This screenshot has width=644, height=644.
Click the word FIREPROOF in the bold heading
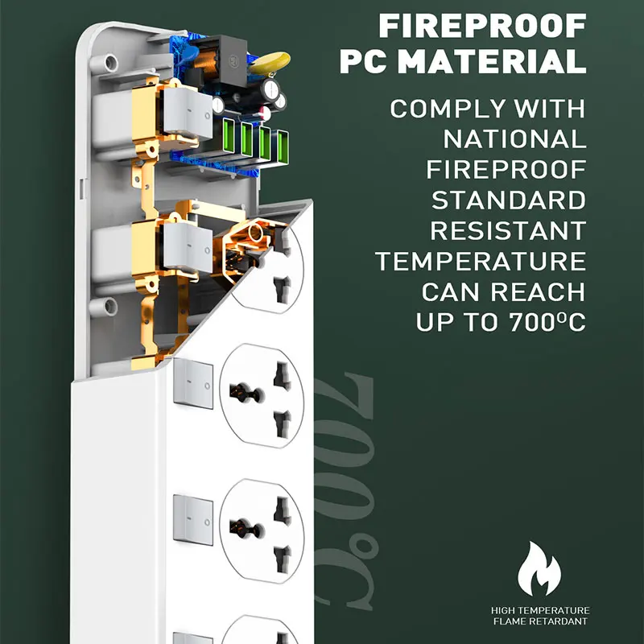pyautogui.click(x=482, y=26)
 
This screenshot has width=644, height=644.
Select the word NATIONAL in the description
pyautogui.click(x=514, y=138)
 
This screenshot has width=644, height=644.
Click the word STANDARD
pyautogui.click(x=509, y=200)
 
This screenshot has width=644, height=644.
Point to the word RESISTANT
pyautogui.click(x=508, y=230)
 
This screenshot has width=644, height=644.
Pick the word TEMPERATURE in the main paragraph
pyautogui.click(x=481, y=261)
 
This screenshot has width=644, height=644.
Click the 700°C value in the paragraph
pyautogui.click(x=547, y=322)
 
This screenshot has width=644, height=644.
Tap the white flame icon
pyautogui.click(x=539, y=569)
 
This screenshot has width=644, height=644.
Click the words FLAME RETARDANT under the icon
pyautogui.click(x=540, y=621)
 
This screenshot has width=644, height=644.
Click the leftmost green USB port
pyautogui.click(x=229, y=136)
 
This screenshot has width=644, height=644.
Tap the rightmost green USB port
pyautogui.click(x=283, y=146)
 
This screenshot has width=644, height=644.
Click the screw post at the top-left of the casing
pyautogui.click(x=110, y=63)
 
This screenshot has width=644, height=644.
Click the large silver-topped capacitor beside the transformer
pyautogui.click(x=270, y=90)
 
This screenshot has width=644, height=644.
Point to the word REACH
pyautogui.click(x=538, y=291)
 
